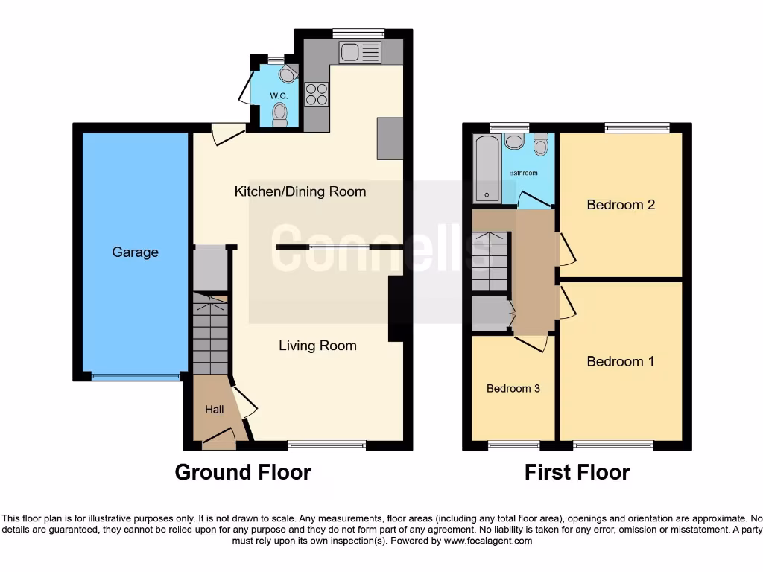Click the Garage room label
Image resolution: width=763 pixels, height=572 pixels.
[135, 252]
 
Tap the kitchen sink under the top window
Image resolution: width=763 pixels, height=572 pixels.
[359, 53]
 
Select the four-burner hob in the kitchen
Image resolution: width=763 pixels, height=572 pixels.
[317, 94]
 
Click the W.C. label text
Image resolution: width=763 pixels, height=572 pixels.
[279, 96]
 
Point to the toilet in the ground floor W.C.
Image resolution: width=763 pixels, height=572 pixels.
[280, 114]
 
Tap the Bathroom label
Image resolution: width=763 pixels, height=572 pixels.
[523, 173]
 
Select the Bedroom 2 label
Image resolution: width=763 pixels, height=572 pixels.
[621, 205]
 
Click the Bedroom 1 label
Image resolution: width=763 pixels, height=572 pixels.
[621, 362]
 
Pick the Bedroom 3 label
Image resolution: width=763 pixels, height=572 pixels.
[513, 389]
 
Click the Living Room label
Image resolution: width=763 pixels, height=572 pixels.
[317, 346]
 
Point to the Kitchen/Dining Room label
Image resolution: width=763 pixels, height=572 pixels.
[300, 192]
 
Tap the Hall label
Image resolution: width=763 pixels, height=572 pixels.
[215, 410]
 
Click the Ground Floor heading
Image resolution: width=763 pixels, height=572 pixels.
[243, 472]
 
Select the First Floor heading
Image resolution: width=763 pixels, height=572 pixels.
[577, 472]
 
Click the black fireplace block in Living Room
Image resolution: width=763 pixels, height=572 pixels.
[396, 309]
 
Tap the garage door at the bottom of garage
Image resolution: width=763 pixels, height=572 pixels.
[135, 377]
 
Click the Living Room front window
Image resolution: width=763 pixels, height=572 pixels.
[326, 445]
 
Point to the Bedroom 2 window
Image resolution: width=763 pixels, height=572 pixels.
[636, 127]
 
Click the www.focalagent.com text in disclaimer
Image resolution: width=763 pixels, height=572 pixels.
[487, 541]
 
